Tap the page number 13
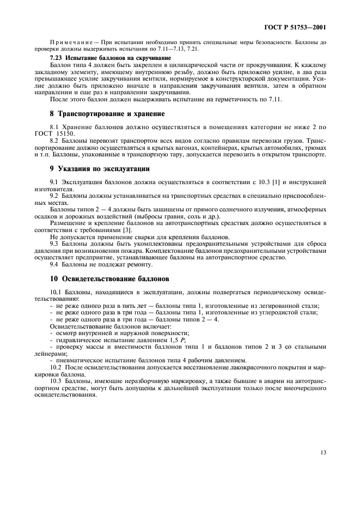(322, 451)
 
